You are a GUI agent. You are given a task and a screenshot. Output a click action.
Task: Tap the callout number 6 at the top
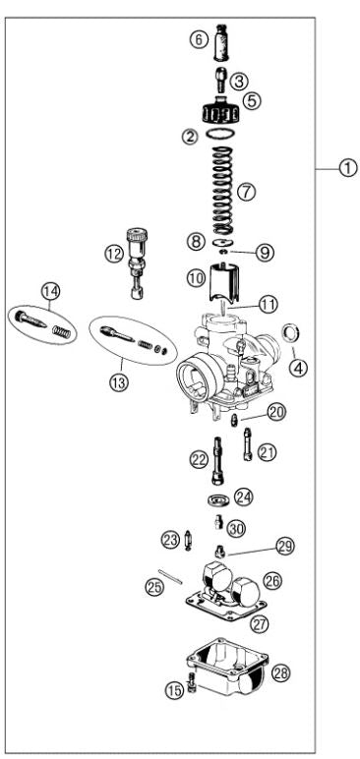click(x=199, y=40)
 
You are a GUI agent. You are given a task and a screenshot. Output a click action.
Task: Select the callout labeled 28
click(x=282, y=672)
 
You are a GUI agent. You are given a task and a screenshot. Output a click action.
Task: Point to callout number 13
click(x=119, y=383)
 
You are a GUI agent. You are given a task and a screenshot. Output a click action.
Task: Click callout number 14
click(x=50, y=290)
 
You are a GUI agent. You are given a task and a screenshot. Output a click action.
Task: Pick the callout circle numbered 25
click(x=153, y=587)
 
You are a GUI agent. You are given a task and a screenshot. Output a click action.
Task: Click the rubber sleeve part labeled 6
click(x=224, y=42)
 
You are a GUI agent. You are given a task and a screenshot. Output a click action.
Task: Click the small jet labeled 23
click(x=187, y=540)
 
